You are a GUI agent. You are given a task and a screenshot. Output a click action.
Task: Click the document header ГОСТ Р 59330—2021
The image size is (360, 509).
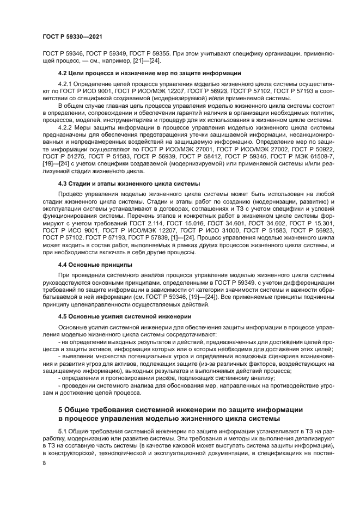(x=72, y=36)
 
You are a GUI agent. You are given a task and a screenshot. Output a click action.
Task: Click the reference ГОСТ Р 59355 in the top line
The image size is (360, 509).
(x=152, y=54)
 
